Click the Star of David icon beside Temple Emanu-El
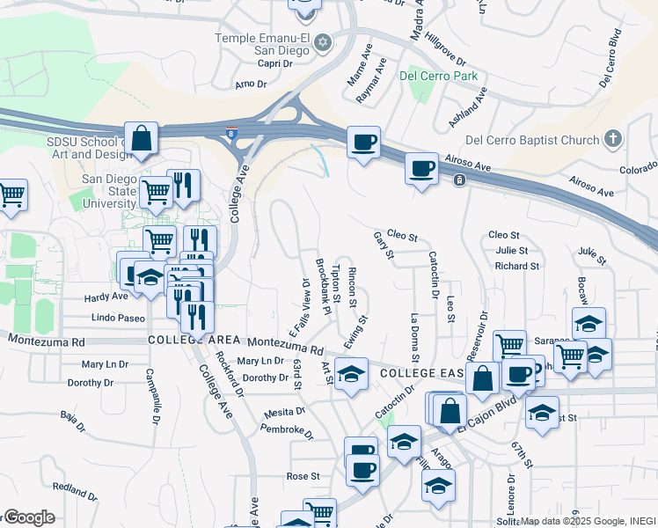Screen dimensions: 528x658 323,42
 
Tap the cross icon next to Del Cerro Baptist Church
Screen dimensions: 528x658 612,139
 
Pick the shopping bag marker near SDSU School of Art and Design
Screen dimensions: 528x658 141,138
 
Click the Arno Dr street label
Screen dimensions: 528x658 251,84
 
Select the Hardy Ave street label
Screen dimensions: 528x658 106,297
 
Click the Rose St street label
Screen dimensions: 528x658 303,476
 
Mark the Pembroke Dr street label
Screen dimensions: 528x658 287,430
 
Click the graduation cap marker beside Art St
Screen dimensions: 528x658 351,376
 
